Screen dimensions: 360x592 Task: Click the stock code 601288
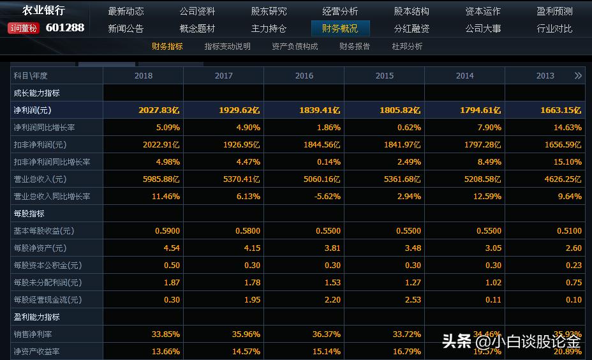tap(65, 27)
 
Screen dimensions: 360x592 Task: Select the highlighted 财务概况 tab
tap(340, 29)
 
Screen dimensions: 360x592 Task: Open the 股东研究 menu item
tap(269, 11)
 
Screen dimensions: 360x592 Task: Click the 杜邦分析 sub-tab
tap(407, 47)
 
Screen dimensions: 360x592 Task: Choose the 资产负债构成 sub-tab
tap(295, 47)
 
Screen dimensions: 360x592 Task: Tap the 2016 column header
tap(304, 76)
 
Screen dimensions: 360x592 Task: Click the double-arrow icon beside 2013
tap(578, 76)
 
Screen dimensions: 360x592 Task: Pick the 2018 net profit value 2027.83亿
tap(159, 110)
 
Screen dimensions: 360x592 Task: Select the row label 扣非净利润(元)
tap(40, 145)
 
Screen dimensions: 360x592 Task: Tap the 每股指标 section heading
tap(29, 214)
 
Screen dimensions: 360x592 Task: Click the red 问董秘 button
tap(24, 28)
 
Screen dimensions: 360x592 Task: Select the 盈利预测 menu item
tap(554, 11)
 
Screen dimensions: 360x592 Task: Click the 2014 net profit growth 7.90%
tap(489, 128)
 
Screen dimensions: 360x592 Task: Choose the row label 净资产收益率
tap(36, 352)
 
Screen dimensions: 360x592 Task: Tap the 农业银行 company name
tap(43, 10)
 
